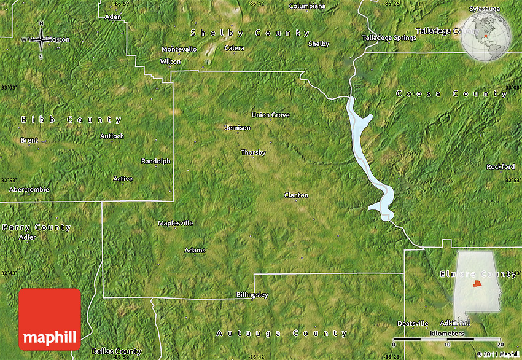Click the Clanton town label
pos(296,195)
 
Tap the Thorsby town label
pos(253,152)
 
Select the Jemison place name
pos(238,128)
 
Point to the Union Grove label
pos(270,115)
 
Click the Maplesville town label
pos(176,223)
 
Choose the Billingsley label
pos(252,295)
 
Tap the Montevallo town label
pos(179,49)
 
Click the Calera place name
pos(234,48)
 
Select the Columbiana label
pos(307,6)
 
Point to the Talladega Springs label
pos(389,37)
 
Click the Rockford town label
pos(501,166)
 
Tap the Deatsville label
pos(413,323)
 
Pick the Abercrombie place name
pos(25,189)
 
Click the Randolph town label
pos(156,161)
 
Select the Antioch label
pos(112,136)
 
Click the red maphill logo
pos(50,319)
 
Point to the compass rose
pos(41,40)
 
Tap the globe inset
pos(486,37)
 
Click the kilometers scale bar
pos(448,339)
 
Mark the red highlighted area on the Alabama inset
pos(477,284)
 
